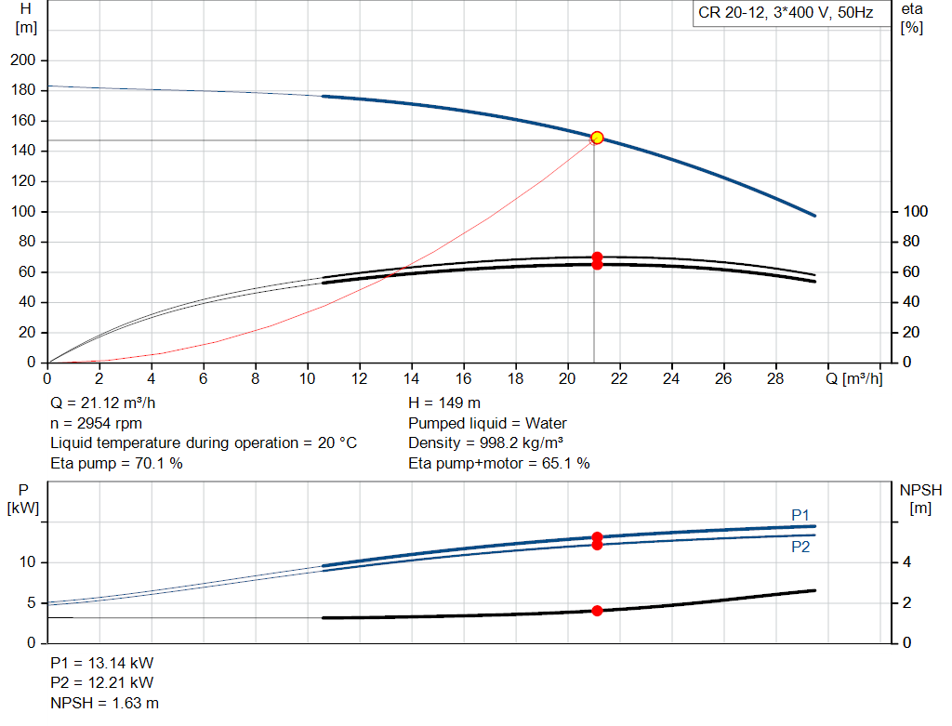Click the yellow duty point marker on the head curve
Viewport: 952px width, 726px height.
(x=597, y=138)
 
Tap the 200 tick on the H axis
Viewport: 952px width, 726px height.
(x=23, y=60)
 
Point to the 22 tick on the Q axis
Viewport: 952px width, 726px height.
(x=618, y=378)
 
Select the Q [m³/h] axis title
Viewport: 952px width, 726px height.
(x=854, y=378)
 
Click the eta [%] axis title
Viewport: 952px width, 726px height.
(x=912, y=19)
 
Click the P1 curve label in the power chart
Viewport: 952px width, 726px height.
(x=800, y=515)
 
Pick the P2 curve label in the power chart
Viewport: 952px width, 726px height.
(x=800, y=547)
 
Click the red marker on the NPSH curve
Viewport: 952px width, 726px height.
(x=597, y=611)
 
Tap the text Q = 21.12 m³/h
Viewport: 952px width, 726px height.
(x=102, y=403)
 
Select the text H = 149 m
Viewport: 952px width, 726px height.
(x=444, y=403)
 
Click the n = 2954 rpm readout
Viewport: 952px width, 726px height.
(x=96, y=423)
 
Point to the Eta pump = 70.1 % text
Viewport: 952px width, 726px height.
(x=116, y=463)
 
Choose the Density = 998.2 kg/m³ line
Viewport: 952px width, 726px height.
(x=485, y=443)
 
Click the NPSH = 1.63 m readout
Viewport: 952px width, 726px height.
(x=104, y=703)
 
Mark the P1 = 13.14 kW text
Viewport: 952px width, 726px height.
(x=102, y=663)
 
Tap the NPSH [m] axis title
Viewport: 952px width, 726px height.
(x=920, y=499)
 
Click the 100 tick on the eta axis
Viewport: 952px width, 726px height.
(x=915, y=211)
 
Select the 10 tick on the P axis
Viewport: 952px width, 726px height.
(x=27, y=562)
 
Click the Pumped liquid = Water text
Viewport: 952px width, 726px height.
(x=487, y=423)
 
